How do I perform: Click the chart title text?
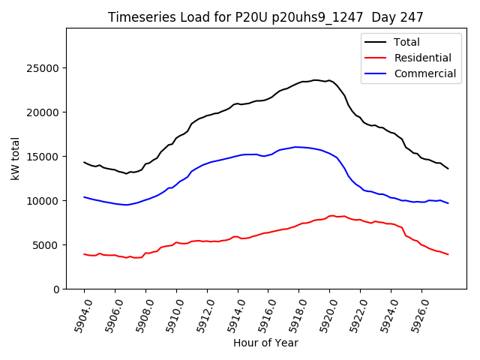point(265,17)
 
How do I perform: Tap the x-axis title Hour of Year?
point(265,343)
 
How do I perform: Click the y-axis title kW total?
point(16,158)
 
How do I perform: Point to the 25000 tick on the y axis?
point(45,68)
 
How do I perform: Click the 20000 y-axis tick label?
point(45,112)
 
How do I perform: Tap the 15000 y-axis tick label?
point(45,157)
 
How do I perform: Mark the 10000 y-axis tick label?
point(45,201)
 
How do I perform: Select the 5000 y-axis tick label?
point(48,245)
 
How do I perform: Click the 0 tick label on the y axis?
point(57,289)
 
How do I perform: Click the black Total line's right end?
point(448,169)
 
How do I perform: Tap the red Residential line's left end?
point(84,254)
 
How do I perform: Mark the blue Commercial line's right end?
point(448,203)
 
